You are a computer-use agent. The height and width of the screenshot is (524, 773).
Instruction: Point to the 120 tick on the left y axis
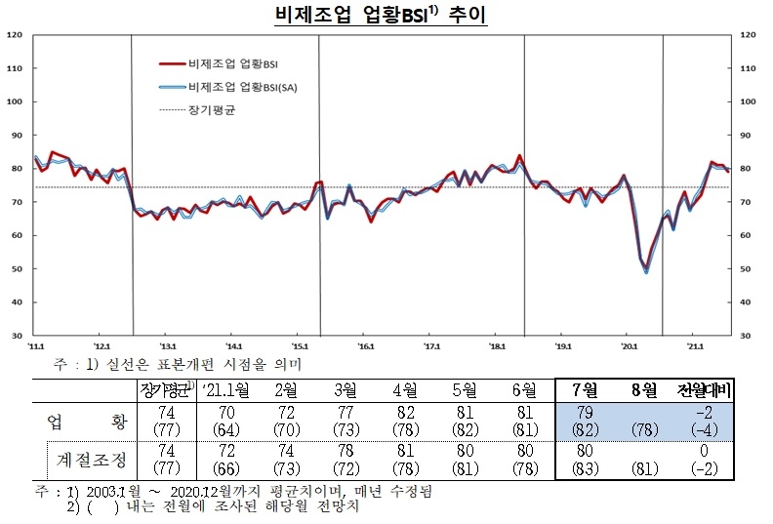pyautogui.click(x=15, y=35)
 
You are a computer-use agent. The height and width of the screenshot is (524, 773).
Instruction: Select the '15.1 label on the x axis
pyautogui.click(x=301, y=345)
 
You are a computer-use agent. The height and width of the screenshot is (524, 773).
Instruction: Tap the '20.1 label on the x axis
pyautogui.click(x=630, y=345)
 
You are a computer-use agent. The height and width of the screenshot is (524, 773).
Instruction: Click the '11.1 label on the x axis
pyautogui.click(x=36, y=345)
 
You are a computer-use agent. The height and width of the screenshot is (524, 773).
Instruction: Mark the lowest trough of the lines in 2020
pyautogui.click(x=646, y=272)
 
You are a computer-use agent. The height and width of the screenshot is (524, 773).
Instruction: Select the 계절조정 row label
pyautogui.click(x=88, y=456)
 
